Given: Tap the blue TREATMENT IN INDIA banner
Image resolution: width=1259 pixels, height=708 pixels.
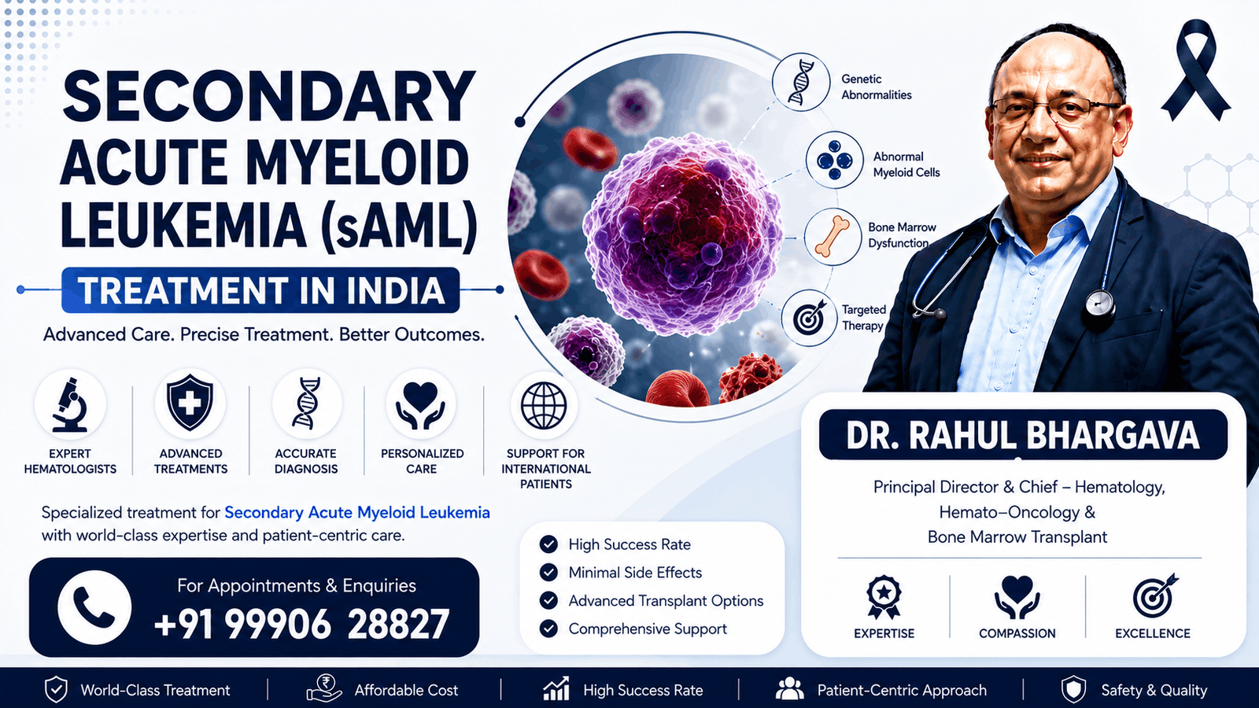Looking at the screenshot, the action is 260,290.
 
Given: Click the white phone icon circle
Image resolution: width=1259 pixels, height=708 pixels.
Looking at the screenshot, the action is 94,607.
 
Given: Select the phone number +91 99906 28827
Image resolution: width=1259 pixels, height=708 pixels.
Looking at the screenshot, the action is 302,624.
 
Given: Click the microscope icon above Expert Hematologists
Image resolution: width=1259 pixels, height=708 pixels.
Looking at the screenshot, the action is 70,405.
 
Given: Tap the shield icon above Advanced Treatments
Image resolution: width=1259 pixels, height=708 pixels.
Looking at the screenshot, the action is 190,403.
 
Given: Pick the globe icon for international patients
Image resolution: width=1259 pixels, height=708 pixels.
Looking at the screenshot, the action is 544,405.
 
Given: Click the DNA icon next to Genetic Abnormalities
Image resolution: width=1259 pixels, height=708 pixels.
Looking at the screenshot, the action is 801,83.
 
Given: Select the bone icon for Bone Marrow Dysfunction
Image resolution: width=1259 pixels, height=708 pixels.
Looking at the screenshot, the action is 833,237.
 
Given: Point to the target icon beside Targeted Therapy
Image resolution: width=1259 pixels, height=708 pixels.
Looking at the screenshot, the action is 810,318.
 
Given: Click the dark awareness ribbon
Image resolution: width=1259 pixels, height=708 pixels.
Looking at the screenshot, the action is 1196,70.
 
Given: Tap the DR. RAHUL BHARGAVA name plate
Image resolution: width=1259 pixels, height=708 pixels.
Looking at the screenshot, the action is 1023,435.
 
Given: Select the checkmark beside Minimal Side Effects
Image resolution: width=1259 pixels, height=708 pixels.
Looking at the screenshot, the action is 548,573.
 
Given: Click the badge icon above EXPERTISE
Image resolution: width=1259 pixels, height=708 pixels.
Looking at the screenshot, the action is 884,597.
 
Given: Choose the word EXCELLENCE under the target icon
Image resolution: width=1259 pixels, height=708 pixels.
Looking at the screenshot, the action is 1153,633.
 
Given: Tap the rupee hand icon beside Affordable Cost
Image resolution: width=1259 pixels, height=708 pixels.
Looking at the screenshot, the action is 324,688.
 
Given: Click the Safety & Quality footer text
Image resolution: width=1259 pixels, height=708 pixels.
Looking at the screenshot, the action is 1154,690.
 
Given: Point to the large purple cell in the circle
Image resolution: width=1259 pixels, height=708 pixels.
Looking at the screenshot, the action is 683,235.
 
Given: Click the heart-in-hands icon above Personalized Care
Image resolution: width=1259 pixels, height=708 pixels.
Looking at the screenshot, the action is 420,405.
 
